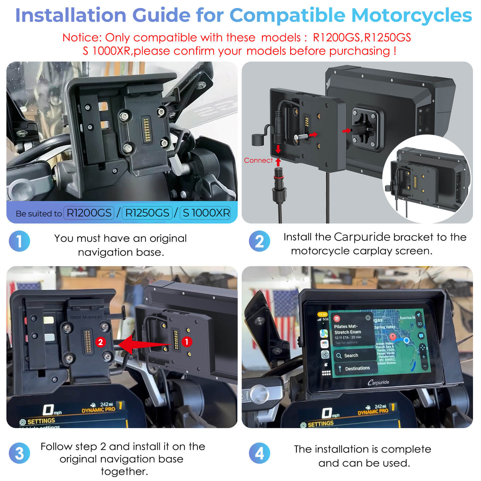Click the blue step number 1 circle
(19, 241)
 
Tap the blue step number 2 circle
(259, 241)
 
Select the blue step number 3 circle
(19, 453)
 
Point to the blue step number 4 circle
(259, 453)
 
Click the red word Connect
(258, 160)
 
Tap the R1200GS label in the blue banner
(89, 213)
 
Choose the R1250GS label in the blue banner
(147, 213)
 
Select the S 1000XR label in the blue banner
(206, 213)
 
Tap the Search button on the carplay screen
(351, 355)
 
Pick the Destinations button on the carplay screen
(357, 368)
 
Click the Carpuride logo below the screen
(378, 382)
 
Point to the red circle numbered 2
(100, 342)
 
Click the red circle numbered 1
(187, 342)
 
